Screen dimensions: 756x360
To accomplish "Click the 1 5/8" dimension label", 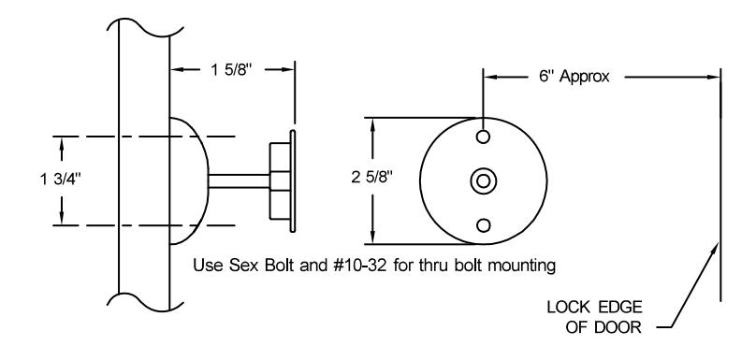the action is (x=231, y=71).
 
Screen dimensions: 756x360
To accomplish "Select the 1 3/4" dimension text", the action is (x=61, y=180).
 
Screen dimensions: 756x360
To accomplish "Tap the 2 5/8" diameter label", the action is (x=372, y=178).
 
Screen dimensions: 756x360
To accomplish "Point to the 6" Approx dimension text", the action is (x=574, y=77).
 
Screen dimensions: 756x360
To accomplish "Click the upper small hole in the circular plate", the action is (x=483, y=137).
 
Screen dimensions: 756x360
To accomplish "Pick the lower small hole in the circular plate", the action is (x=483, y=225).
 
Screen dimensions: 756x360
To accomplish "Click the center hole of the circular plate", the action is (x=483, y=181).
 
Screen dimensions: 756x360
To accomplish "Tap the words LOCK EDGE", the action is (x=594, y=307).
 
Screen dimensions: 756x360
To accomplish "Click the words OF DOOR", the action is (x=603, y=327).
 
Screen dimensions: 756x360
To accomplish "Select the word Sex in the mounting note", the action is (x=245, y=266).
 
